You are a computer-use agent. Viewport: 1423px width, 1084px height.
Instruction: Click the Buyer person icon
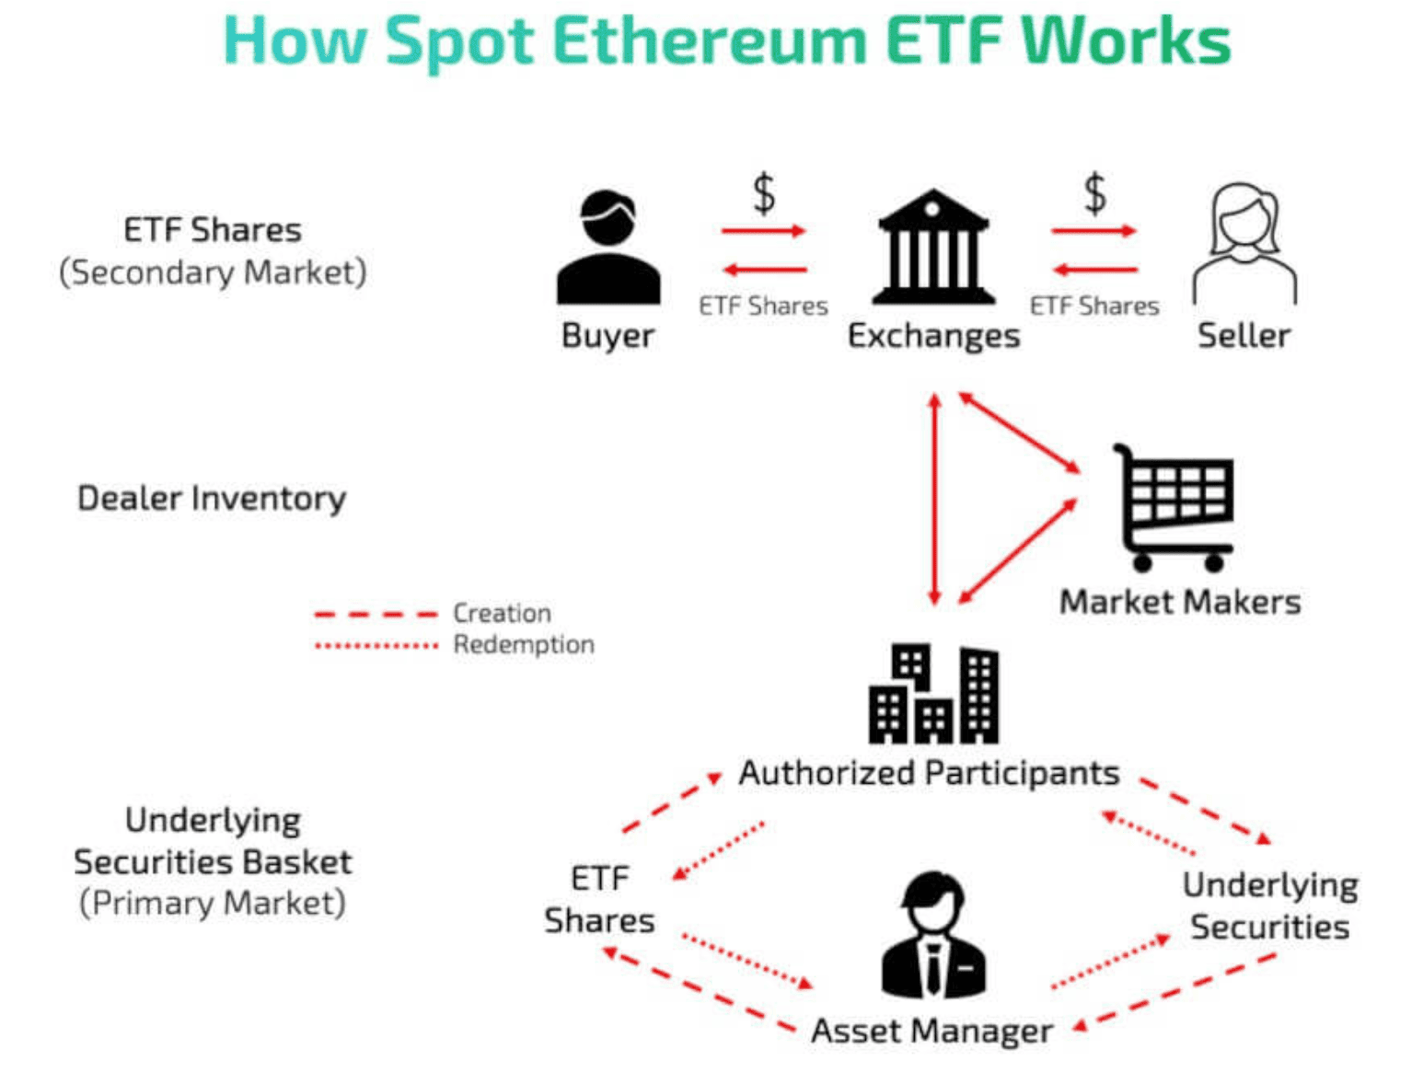607,248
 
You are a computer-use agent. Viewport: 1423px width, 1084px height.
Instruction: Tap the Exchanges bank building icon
932,248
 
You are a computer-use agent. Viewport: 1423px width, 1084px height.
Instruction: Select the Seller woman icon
1244,244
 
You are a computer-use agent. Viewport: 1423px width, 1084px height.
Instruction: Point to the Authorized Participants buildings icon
932,694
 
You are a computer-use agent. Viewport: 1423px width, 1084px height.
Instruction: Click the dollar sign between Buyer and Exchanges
764,194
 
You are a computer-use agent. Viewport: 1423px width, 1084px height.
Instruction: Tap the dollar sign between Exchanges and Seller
1094,194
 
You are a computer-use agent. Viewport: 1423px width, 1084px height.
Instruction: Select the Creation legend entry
502,613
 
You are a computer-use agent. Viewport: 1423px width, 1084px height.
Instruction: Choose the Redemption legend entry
523,644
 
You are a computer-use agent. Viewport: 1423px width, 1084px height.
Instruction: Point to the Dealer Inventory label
212,498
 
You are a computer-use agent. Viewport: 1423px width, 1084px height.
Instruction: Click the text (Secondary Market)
213,272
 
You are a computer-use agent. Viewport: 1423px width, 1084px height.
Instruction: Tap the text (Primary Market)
213,903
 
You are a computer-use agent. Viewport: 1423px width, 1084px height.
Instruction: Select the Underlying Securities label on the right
1269,905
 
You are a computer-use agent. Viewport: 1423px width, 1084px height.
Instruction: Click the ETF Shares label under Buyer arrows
763,306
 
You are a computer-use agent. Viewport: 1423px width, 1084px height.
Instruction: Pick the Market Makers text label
1180,602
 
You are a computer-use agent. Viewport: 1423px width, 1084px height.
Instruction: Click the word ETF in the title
943,41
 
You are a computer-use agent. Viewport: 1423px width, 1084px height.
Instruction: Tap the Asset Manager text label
931,1031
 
